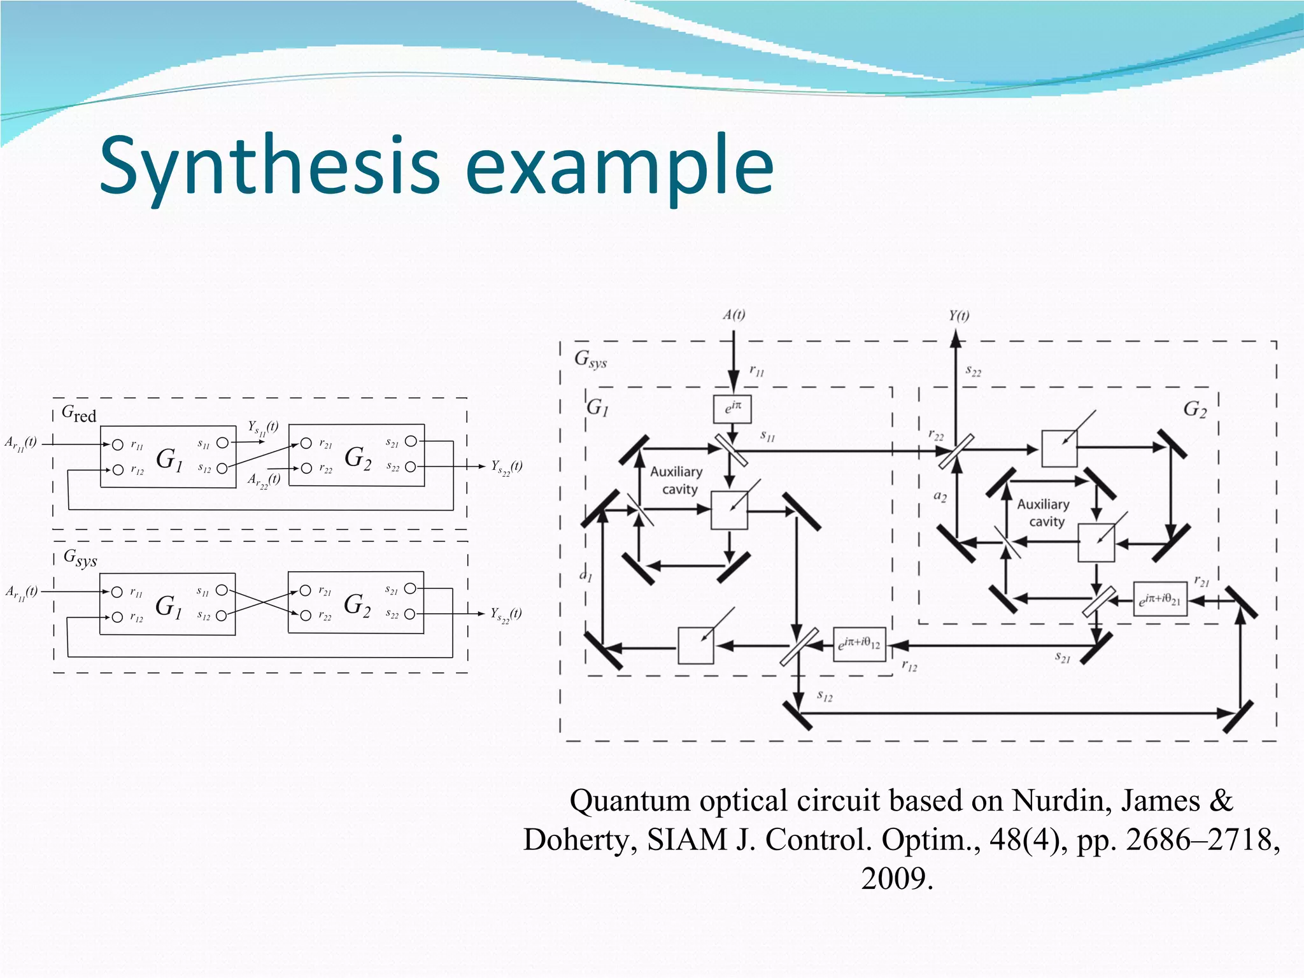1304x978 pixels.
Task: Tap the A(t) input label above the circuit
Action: coord(733,315)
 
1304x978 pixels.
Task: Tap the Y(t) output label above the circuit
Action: coord(958,316)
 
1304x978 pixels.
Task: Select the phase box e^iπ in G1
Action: coord(732,409)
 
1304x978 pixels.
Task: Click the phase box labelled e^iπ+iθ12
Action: coord(859,644)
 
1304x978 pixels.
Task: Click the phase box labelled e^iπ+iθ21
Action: coord(1159,599)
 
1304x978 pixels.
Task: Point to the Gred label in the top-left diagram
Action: coord(78,414)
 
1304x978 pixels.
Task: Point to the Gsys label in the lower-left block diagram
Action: coord(80,558)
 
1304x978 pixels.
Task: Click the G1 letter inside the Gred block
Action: coord(169,458)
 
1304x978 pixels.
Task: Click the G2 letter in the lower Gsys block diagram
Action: coord(357,604)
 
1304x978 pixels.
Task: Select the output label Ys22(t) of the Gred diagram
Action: coord(506,467)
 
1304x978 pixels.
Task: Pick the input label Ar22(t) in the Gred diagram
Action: coord(264,480)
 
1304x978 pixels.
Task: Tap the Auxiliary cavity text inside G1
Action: coord(677,480)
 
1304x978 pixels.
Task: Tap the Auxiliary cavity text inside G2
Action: coord(1044,513)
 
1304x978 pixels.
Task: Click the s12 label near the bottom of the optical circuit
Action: coord(825,696)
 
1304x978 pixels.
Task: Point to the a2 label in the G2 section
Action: coord(940,497)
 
